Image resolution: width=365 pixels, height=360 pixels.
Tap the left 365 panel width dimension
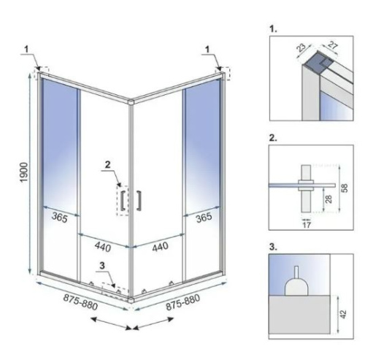61,217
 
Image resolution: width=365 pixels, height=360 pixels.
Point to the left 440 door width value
101,247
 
